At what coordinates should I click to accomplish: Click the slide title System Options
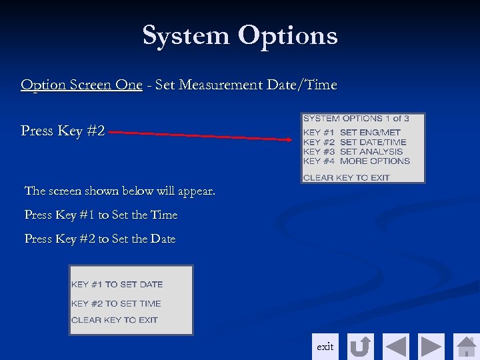[240, 35]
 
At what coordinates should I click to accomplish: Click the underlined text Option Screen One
[81, 85]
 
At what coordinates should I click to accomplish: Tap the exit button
[325, 347]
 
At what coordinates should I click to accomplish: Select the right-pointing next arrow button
[431, 347]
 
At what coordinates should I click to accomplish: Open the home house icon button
[466, 347]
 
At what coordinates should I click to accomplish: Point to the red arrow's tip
[291, 139]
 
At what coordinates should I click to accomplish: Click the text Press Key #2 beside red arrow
[63, 131]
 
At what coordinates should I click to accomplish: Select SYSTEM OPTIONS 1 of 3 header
[356, 119]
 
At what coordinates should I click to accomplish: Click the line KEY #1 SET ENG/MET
[352, 133]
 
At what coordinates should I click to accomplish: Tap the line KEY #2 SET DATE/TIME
[355, 142]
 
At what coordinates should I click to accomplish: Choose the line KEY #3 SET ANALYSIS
[353, 151]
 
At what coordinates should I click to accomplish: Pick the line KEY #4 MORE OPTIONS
[357, 161]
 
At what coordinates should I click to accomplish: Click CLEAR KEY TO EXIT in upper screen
[347, 177]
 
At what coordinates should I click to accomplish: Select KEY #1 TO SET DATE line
[117, 285]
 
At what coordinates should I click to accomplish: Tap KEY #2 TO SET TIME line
[117, 303]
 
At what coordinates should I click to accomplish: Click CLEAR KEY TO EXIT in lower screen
[115, 320]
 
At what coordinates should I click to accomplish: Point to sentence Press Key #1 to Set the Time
[101, 215]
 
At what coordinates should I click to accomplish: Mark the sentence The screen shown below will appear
[120, 191]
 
